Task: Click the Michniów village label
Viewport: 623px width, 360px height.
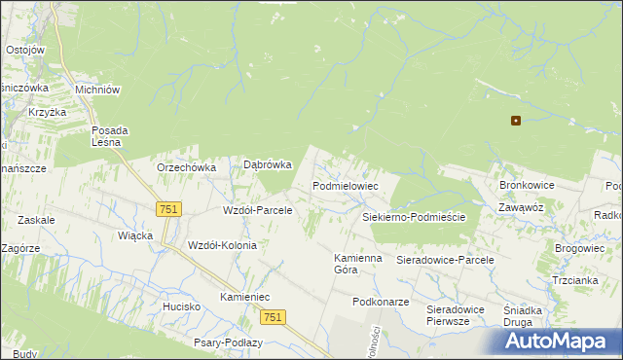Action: point(97,90)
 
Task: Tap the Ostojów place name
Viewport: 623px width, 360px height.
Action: point(25,50)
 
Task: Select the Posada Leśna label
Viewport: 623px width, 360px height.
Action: point(106,136)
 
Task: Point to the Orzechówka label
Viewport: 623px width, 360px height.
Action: point(186,166)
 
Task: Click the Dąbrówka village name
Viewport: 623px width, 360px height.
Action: point(268,165)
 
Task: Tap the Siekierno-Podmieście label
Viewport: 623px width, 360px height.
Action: point(414,217)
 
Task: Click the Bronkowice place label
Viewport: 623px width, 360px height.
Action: point(527,184)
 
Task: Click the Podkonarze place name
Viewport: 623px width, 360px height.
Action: point(381,302)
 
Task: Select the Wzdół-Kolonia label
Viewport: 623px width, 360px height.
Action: point(222,245)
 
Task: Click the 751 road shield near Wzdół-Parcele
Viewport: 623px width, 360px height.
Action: point(168,209)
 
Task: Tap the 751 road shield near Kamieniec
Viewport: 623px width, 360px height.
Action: point(274,317)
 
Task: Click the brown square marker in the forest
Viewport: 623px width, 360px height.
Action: point(516,122)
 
